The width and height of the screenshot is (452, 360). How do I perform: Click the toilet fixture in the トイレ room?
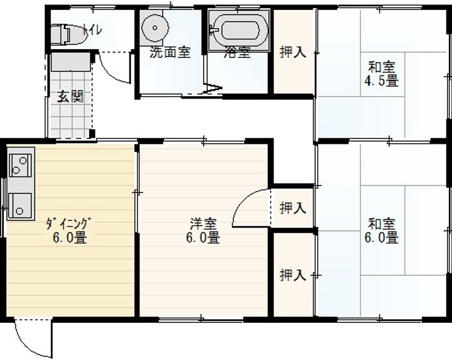pos(68,35)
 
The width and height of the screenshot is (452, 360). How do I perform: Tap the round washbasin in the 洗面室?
pos(155,28)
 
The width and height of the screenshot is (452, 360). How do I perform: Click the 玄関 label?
pos(70,97)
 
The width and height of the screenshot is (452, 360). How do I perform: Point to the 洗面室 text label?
pos(170,53)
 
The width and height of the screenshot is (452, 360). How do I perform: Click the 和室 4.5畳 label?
pos(382,74)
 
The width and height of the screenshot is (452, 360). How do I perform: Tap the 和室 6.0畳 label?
pos(382,231)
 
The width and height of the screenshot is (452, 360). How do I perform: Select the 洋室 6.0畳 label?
pos(203,231)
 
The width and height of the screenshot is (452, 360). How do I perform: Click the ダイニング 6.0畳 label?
pos(70,231)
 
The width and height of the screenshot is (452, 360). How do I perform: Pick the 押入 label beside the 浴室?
pos(293,53)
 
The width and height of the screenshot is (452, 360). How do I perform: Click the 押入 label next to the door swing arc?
pos(293,208)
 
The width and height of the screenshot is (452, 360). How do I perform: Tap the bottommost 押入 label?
pos(293,275)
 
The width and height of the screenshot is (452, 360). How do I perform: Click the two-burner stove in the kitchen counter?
pos(20,165)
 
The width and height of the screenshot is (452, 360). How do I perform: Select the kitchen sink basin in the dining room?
pos(19,205)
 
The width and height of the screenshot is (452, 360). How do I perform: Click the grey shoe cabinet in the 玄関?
pos(71,62)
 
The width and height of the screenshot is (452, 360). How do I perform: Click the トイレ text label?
pos(92,30)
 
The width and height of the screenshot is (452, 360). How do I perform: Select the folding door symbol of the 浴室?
pos(213,88)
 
